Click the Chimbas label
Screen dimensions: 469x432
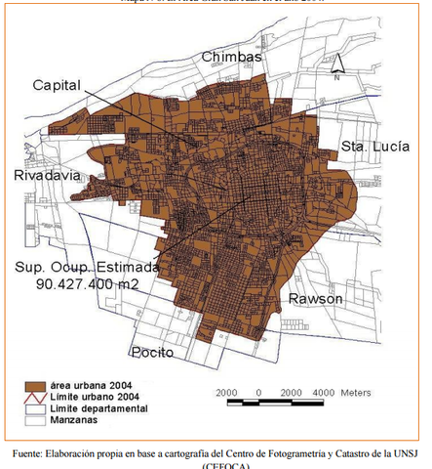[233, 58]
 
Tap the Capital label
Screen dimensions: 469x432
[57, 86]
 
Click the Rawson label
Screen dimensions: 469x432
[315, 299]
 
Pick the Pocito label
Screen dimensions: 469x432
[154, 352]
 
